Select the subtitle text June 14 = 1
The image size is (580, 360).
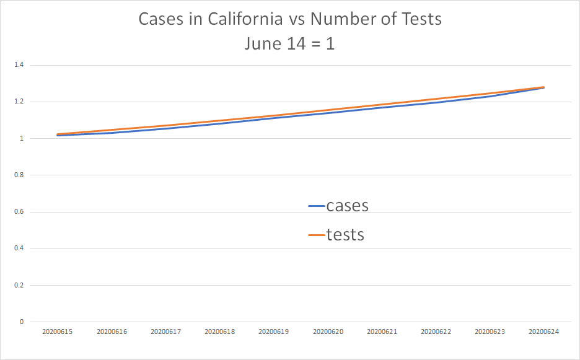[289, 44]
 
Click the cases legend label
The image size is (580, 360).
[347, 206]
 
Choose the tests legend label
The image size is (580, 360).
[345, 235]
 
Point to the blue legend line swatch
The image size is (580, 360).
[317, 206]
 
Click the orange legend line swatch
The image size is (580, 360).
[317, 235]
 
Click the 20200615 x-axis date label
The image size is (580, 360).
[58, 332]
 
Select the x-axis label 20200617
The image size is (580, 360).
[165, 332]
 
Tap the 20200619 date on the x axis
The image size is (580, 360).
[274, 332]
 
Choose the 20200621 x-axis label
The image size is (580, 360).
[382, 332]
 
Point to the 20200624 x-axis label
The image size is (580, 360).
[543, 332]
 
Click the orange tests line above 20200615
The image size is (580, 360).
[58, 134]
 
